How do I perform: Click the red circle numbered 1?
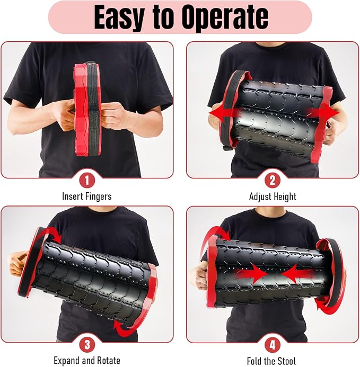click(x=87, y=181)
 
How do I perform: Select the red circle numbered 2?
click(x=273, y=181)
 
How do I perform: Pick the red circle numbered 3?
click(x=87, y=345)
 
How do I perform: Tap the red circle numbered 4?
click(x=273, y=345)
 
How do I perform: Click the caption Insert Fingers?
click(x=87, y=196)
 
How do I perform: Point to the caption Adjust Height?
click(x=273, y=196)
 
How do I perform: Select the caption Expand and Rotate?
click(x=87, y=361)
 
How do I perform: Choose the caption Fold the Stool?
click(x=271, y=361)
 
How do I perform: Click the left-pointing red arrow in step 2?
click(x=225, y=113)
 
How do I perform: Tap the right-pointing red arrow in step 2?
click(x=323, y=113)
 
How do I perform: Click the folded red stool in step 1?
click(x=84, y=109)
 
